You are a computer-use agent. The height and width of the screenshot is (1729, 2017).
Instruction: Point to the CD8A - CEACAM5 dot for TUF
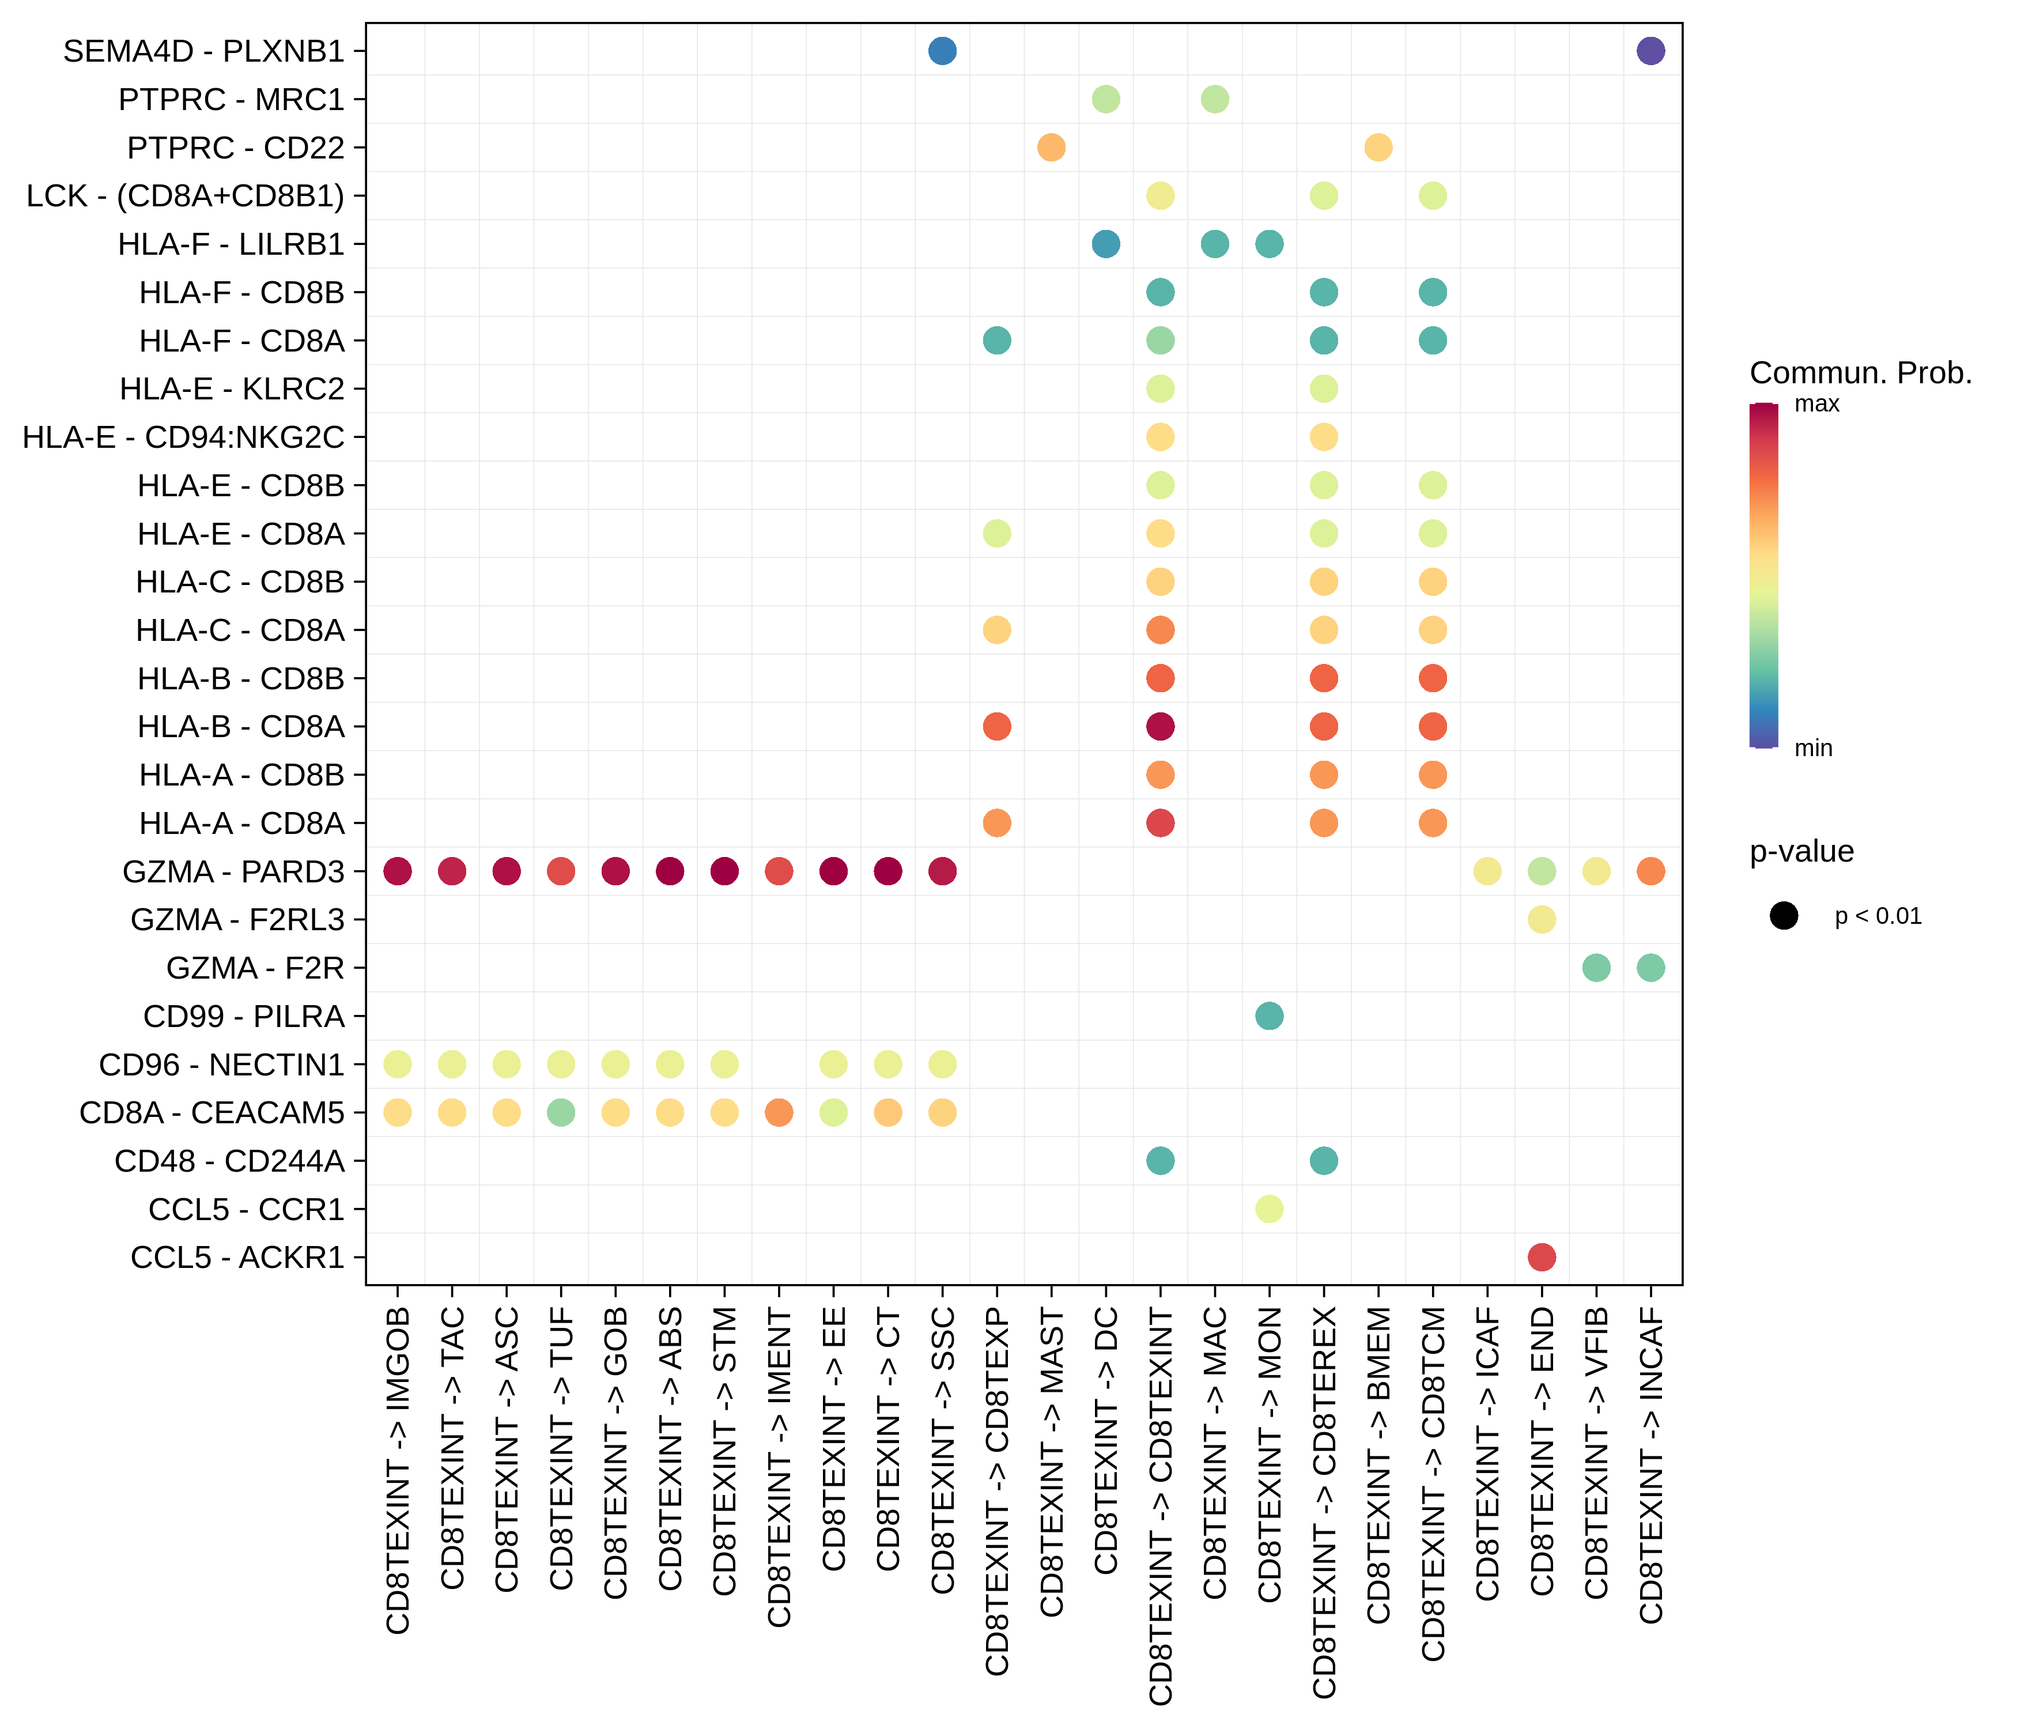(561, 1112)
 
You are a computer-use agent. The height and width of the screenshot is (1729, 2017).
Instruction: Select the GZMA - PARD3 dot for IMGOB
(397, 871)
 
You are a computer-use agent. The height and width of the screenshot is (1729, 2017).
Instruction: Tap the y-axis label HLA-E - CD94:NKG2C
(183, 437)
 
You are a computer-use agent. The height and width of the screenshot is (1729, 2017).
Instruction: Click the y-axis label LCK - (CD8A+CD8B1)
(185, 196)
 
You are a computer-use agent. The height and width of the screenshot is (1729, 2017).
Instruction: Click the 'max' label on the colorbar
(1816, 404)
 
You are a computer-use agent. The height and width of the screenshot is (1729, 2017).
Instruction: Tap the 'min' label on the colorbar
(1812, 748)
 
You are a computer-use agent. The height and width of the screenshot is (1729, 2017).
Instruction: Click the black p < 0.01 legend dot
(1784, 916)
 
